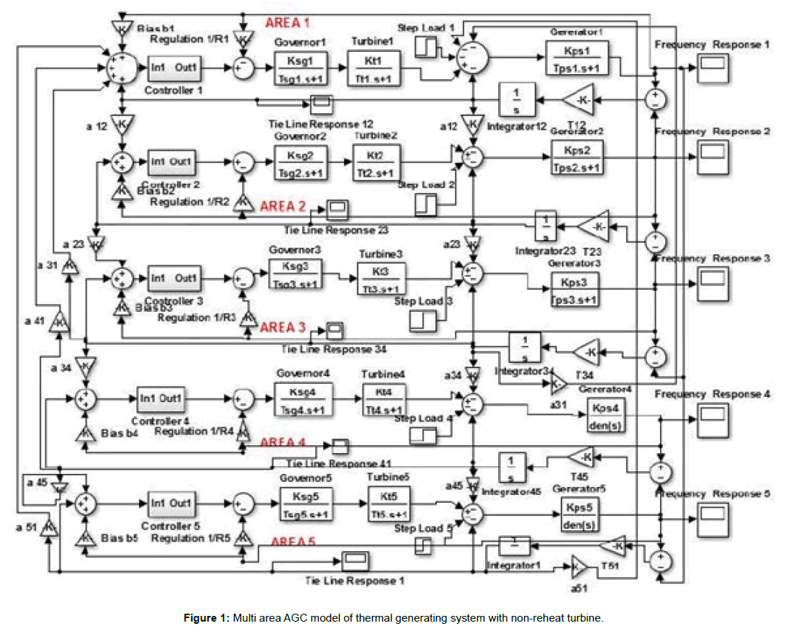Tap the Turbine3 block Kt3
381,277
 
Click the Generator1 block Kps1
577,58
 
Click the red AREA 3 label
283,328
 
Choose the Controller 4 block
163,398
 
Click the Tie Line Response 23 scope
337,210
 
